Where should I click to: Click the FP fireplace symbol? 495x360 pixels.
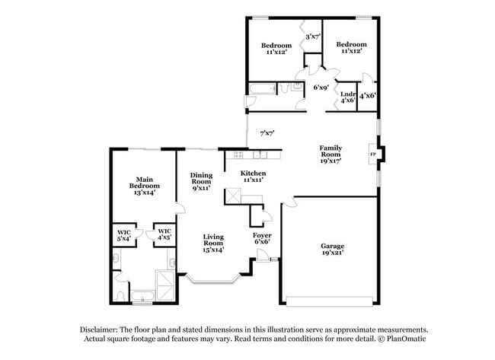click(372, 155)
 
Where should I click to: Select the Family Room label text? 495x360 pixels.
click(330, 154)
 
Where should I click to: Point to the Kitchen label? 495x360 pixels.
click(252, 177)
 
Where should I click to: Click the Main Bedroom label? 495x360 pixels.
click(144, 186)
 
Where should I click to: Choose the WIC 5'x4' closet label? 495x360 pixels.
click(123, 234)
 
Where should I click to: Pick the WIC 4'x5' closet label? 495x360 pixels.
click(163, 234)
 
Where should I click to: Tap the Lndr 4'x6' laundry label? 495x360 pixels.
click(347, 97)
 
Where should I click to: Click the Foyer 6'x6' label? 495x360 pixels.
click(262, 239)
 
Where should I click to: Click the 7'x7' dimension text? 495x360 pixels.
click(267, 133)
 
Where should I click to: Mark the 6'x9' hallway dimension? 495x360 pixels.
click(321, 88)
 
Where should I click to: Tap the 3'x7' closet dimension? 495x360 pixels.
click(312, 36)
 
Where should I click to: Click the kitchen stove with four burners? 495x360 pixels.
click(232, 155)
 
